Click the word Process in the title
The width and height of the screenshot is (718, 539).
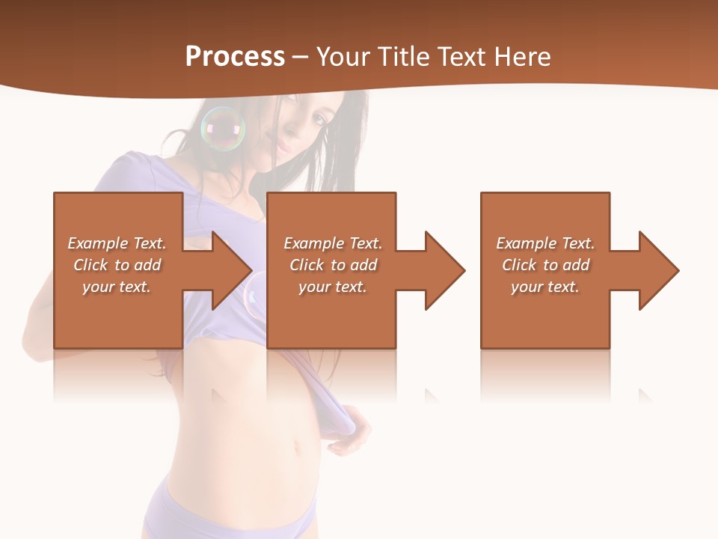235,57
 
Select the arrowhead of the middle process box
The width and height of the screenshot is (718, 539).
444,270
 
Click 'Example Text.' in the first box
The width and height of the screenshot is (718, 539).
117,243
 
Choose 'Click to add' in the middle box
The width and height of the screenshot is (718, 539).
333,265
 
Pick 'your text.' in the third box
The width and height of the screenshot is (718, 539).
545,287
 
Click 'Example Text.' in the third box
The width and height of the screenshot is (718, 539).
545,243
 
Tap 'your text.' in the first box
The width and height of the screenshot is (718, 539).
117,287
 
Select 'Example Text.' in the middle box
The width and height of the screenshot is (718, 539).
333,243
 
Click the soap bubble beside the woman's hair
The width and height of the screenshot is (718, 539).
223,129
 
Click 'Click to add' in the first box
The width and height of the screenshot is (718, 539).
117,265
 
